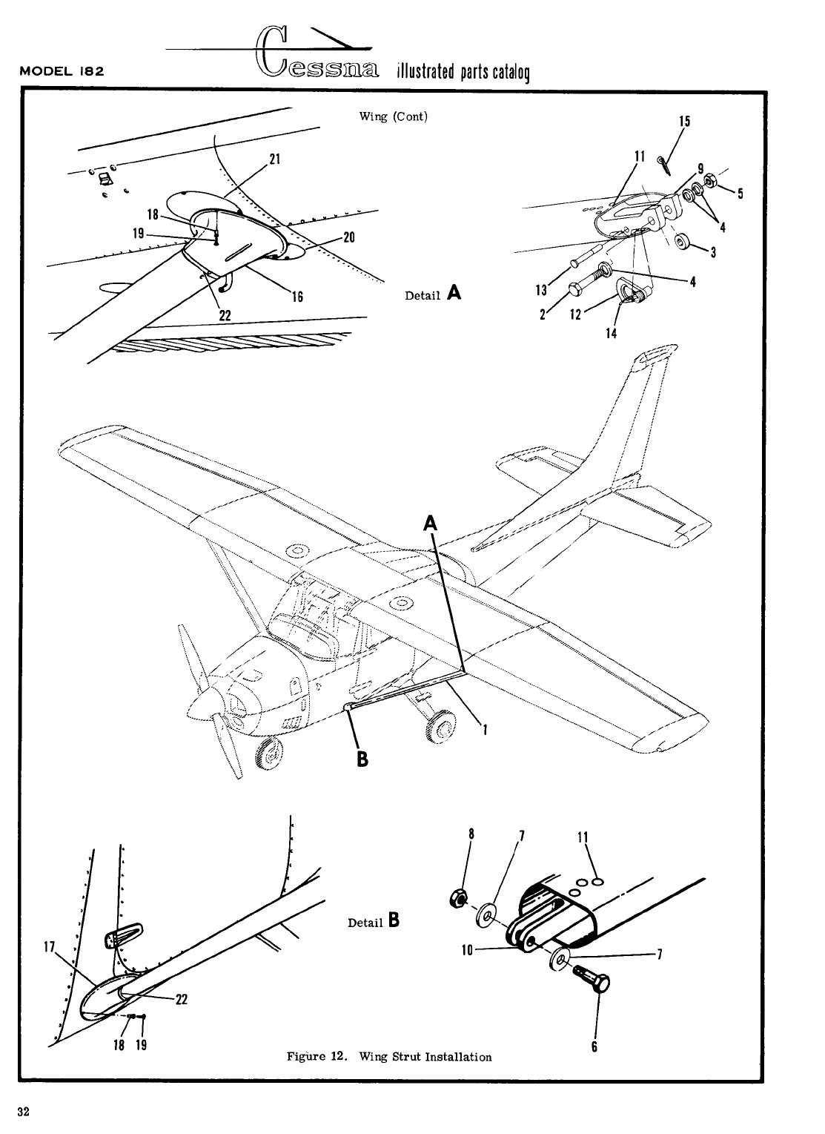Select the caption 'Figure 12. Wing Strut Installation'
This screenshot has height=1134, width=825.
pyautogui.click(x=388, y=1056)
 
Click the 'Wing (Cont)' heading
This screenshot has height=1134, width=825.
pyautogui.click(x=393, y=116)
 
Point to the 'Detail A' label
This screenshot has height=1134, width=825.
pyautogui.click(x=433, y=294)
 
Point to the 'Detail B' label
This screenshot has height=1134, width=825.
pyautogui.click(x=374, y=922)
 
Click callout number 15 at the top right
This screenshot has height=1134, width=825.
pyautogui.click(x=685, y=121)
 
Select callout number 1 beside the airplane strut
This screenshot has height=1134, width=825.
pyautogui.click(x=485, y=729)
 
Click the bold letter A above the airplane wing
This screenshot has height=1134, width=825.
pyautogui.click(x=430, y=524)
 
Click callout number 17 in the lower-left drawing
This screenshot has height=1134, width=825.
pyautogui.click(x=50, y=946)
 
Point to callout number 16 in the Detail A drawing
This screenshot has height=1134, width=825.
pyautogui.click(x=297, y=297)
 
